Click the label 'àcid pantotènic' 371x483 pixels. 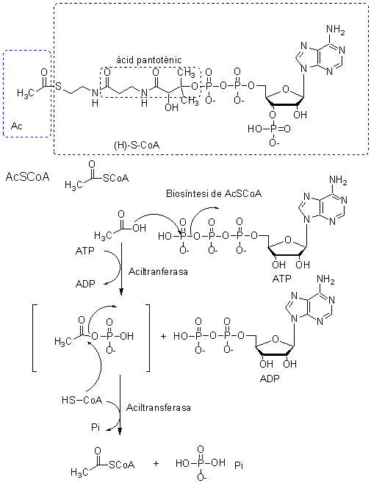pos(148,60)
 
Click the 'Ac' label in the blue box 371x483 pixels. pos(17,126)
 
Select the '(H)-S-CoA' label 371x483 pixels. pos(137,145)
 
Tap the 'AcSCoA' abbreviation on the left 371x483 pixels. pos(27,177)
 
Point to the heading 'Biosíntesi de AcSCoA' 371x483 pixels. pos(214,193)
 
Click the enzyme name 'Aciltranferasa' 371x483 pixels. pos(158,272)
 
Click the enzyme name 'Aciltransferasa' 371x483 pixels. pos(158,407)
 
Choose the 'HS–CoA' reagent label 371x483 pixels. pos(82,400)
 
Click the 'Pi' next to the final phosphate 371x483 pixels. pos(239,465)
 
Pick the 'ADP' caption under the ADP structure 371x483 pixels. pos(270,378)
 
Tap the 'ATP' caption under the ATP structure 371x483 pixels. pos(281,279)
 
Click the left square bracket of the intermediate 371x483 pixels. pos(35,338)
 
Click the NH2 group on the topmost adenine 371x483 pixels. pos(335,29)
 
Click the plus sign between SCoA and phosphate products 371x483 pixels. pos(156,463)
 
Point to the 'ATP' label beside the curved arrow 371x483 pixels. pos(84,251)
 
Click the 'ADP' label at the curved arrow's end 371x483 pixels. pos(85,283)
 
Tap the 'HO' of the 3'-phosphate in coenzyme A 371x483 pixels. pos(254,129)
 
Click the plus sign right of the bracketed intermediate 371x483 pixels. pos(163,336)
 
